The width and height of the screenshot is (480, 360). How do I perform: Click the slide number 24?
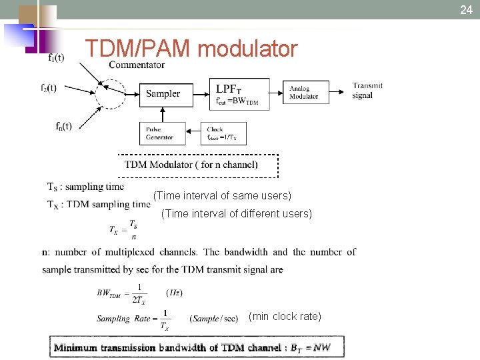(x=465, y=9)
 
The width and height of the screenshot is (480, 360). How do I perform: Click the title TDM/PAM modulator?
(x=191, y=49)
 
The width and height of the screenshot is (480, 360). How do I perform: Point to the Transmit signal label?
(x=367, y=90)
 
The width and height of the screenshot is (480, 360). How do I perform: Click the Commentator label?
(x=137, y=65)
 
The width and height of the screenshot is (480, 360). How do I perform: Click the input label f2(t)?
(x=48, y=87)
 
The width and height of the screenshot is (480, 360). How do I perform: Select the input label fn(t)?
(x=64, y=126)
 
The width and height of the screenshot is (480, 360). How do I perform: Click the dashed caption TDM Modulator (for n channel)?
(x=197, y=165)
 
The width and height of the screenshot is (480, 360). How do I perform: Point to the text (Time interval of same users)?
(x=222, y=196)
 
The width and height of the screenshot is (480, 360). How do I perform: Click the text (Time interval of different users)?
(x=237, y=214)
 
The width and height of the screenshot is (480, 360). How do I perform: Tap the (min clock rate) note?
(x=285, y=316)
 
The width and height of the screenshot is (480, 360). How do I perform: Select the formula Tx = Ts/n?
(x=125, y=230)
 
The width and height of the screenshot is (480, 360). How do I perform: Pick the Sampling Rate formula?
(x=167, y=319)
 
